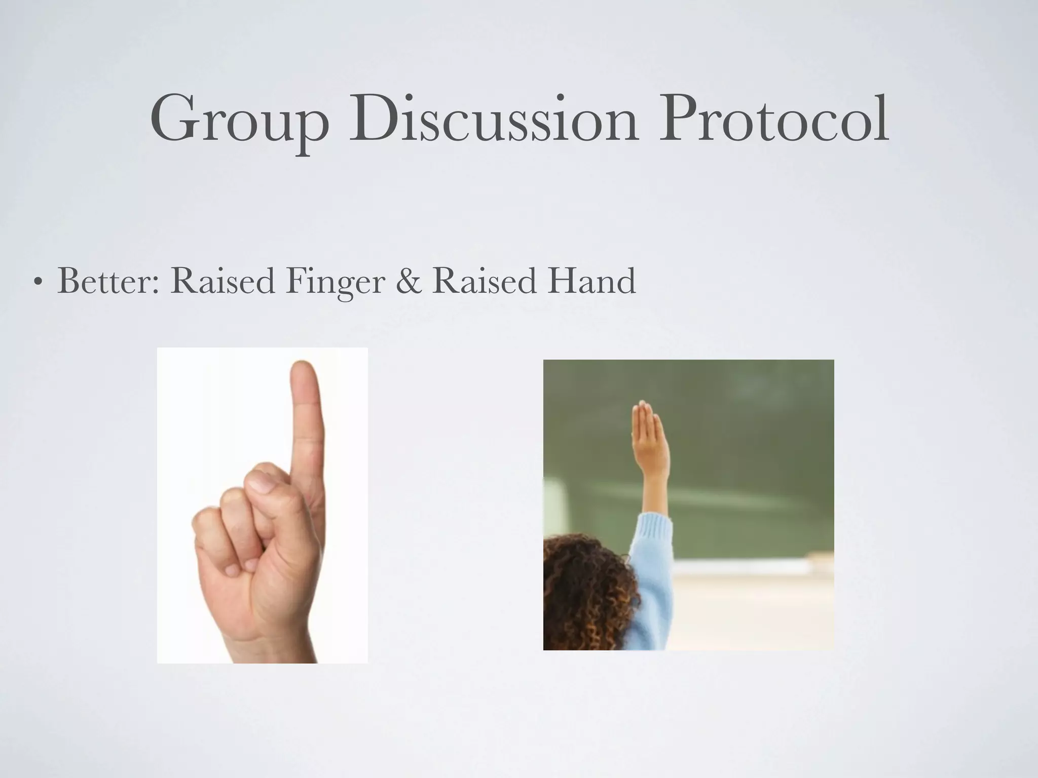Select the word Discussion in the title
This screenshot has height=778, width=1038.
tap(493, 119)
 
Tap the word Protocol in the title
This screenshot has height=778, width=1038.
tap(772, 119)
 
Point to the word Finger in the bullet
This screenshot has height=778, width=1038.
tap(335, 282)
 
